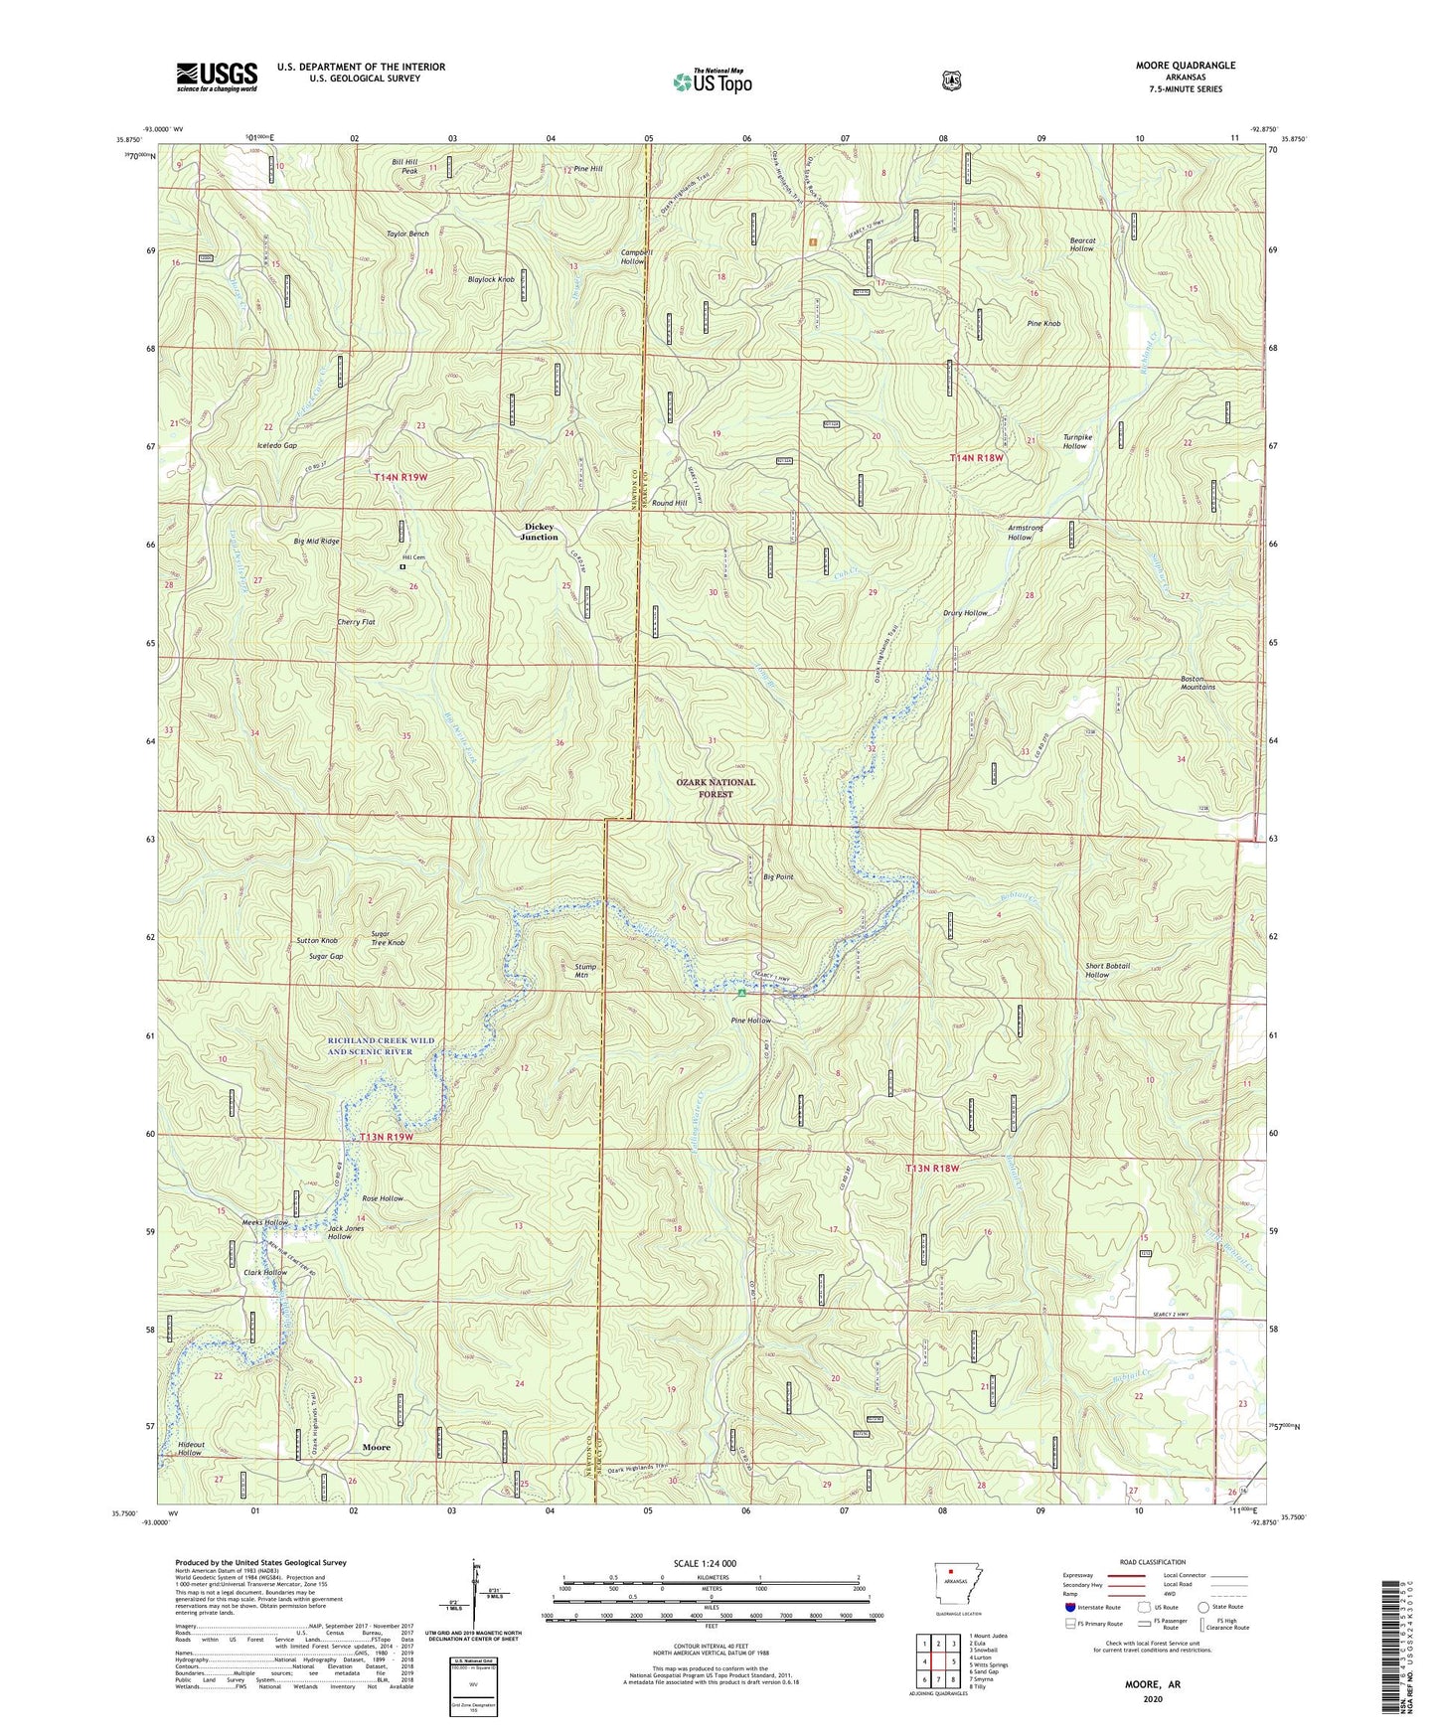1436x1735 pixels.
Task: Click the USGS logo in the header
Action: (217, 77)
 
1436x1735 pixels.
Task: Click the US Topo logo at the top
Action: (713, 81)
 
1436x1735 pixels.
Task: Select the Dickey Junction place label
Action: (540, 532)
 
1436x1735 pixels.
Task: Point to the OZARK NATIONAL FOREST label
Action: (716, 788)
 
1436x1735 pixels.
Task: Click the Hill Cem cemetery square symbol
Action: (402, 567)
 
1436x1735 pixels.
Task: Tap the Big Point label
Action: (778, 877)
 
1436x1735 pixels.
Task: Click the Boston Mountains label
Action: (1197, 683)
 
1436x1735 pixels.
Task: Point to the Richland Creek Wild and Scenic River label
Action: (382, 1045)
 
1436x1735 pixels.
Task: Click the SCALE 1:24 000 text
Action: (705, 1563)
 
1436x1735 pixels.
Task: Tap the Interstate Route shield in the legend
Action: (1070, 1606)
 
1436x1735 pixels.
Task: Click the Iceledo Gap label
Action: (276, 446)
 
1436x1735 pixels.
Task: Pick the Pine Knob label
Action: (1043, 323)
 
